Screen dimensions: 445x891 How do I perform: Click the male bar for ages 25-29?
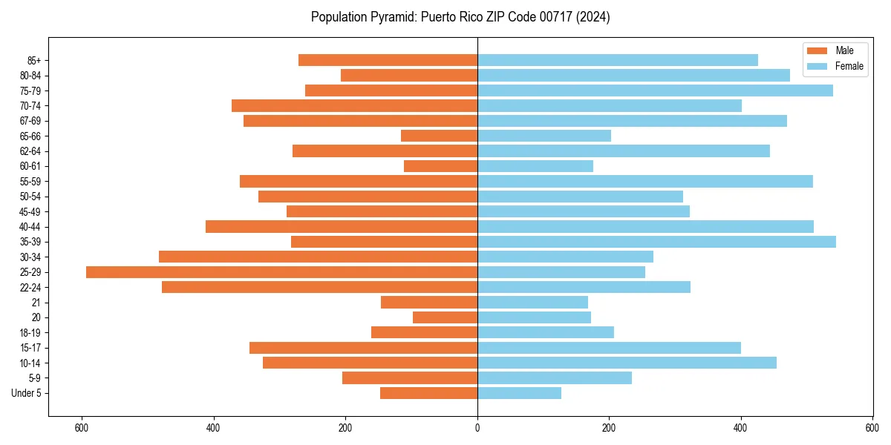(281, 272)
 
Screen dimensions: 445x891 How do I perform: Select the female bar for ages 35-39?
(656, 242)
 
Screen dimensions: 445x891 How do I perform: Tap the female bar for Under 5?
(519, 393)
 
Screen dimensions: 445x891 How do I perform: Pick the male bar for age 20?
(445, 317)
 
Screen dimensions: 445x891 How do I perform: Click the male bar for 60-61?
(440, 166)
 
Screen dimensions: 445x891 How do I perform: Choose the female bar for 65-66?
(544, 136)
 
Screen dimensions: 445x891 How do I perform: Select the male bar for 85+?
(388, 60)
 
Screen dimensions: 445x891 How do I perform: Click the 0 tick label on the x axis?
(477, 428)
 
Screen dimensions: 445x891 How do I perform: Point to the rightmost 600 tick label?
(872, 428)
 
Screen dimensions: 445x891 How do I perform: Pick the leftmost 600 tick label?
(82, 428)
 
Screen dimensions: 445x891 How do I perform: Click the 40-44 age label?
(30, 227)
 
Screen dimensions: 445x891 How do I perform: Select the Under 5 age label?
(26, 393)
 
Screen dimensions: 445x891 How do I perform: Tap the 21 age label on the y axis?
(36, 303)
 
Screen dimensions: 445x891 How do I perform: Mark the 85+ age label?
(33, 60)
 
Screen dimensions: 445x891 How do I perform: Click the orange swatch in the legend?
(817, 50)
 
